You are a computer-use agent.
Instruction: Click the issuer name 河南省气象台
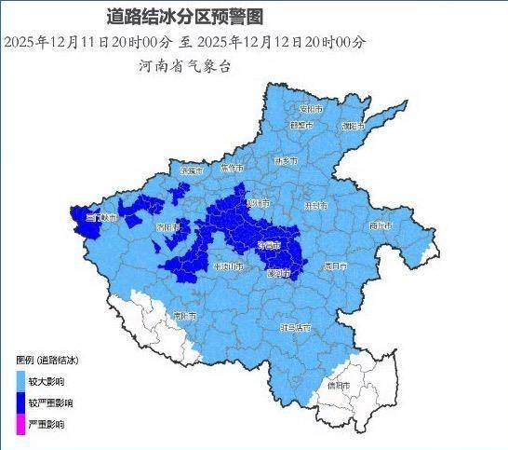tap(183, 67)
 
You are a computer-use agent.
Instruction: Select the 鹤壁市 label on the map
tap(300, 125)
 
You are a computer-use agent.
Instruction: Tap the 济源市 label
tap(191, 171)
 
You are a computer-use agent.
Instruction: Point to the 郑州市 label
tap(258, 202)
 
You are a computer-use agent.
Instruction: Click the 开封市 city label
tap(315, 204)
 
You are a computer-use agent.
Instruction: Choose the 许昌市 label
tap(268, 244)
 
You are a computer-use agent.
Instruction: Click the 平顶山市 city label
tap(228, 267)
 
